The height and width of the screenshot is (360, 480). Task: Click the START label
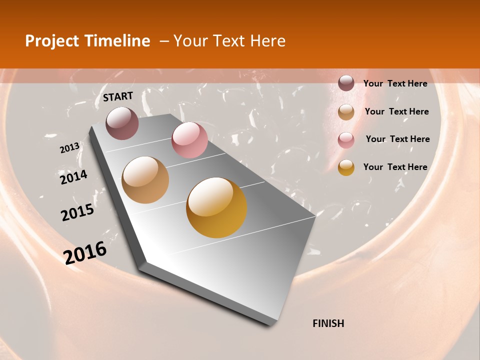(x=118, y=96)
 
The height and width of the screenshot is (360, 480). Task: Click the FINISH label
(x=328, y=323)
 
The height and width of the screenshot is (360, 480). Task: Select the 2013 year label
(x=70, y=147)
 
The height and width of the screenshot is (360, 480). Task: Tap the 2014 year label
(x=73, y=177)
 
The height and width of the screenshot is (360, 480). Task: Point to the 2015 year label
(x=77, y=212)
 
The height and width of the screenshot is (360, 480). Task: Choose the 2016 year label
(x=85, y=252)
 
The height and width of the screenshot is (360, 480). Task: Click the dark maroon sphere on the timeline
(x=122, y=123)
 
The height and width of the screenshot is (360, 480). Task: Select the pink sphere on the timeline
(x=189, y=140)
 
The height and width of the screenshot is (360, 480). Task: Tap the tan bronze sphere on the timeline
(x=145, y=180)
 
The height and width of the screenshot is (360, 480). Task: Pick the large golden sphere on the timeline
(x=216, y=207)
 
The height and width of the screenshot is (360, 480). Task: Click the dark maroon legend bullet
(x=346, y=83)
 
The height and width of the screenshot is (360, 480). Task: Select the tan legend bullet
(x=346, y=112)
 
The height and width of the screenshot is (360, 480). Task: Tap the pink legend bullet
(x=346, y=140)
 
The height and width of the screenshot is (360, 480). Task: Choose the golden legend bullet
(x=346, y=167)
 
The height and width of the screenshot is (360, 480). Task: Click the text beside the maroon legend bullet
(x=395, y=83)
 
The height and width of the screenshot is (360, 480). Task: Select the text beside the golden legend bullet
(x=395, y=167)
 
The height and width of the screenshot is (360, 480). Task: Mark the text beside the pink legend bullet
(x=397, y=139)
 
